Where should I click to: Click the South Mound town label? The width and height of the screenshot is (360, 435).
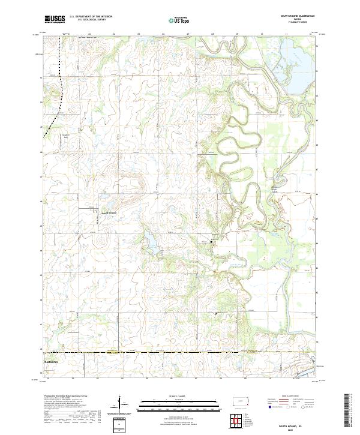pyautogui.click(x=112, y=213)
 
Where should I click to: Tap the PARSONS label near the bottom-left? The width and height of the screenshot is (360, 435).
pyautogui.click(x=53, y=364)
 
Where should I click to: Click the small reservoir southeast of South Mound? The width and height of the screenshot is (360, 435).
pyautogui.click(x=151, y=242)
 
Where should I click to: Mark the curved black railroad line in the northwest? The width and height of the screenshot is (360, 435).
pyautogui.click(x=62, y=90)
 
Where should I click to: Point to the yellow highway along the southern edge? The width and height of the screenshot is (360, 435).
pyautogui.click(x=180, y=353)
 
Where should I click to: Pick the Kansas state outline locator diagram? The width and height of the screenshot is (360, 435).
pyautogui.click(x=240, y=403)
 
